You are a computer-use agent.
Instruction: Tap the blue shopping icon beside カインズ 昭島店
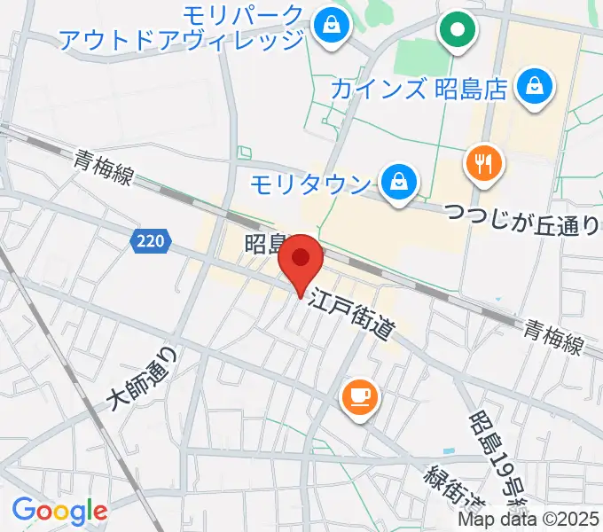point(536,87)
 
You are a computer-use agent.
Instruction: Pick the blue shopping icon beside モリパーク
point(330,23)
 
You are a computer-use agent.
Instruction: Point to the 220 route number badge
point(152,239)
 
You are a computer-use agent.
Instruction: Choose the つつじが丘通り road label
point(521,218)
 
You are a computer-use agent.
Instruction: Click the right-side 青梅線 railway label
point(552,337)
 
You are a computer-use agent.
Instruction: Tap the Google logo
point(59,511)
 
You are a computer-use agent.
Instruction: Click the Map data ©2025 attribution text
point(542,520)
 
